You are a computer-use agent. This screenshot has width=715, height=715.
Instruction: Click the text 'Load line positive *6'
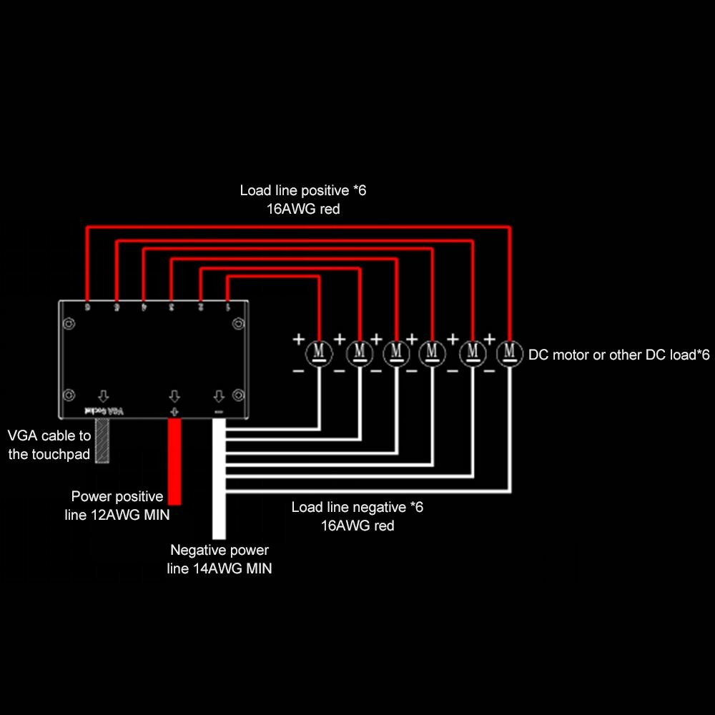click(x=303, y=191)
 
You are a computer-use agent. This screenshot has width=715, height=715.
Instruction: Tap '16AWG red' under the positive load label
click(x=303, y=209)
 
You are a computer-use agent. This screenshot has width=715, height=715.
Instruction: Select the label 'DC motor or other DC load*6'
click(x=618, y=355)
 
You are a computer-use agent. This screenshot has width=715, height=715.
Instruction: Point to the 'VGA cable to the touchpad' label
click(x=49, y=444)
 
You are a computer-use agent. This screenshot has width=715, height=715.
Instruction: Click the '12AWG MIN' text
click(x=131, y=514)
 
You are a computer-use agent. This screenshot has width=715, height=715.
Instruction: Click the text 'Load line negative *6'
click(x=357, y=507)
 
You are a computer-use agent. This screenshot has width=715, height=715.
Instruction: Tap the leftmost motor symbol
click(x=319, y=352)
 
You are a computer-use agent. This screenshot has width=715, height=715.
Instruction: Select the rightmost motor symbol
click(x=509, y=352)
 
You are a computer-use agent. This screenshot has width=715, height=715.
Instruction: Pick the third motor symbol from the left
click(x=395, y=352)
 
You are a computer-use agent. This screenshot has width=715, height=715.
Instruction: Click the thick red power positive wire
click(x=174, y=461)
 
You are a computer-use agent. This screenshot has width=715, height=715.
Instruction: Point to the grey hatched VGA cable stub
click(x=102, y=440)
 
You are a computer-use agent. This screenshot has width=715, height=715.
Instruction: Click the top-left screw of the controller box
click(x=69, y=324)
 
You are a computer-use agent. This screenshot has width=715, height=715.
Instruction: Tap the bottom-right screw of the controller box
click(x=238, y=395)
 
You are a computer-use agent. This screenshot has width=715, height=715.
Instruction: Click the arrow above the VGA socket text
click(x=103, y=396)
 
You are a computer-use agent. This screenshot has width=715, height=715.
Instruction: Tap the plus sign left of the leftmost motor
click(x=298, y=340)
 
